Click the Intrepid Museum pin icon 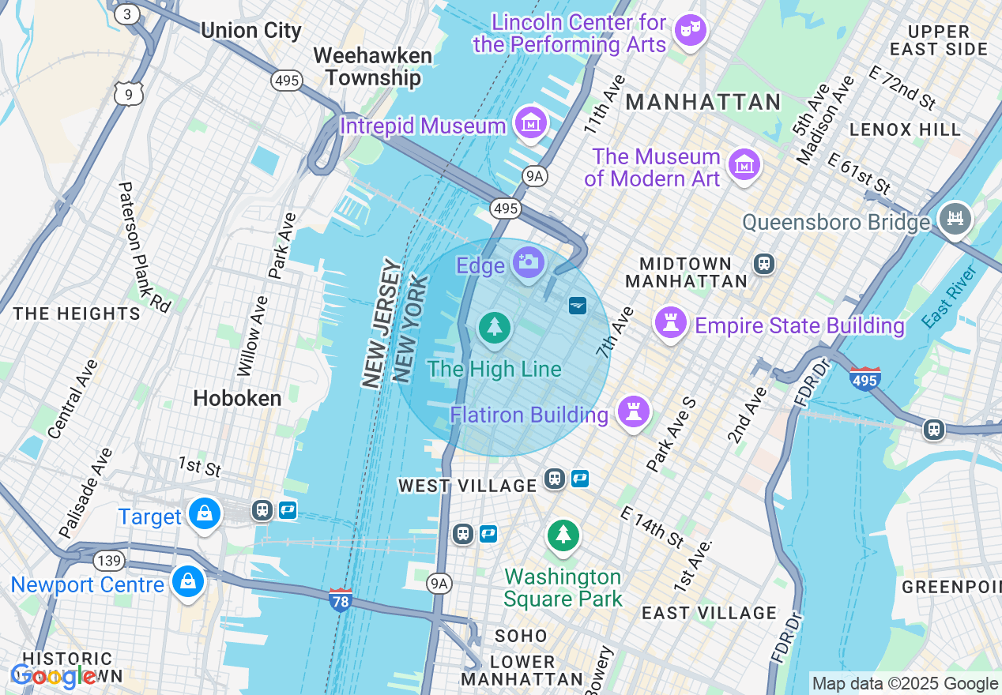click(x=532, y=123)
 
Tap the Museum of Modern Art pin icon click(x=744, y=165)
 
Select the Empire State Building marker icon click(x=670, y=323)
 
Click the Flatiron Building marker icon click(x=633, y=411)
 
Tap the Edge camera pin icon click(x=527, y=262)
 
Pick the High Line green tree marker click(x=495, y=327)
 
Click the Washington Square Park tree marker click(x=563, y=535)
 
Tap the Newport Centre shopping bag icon click(x=188, y=582)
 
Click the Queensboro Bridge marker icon click(x=955, y=217)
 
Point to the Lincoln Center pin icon click(x=690, y=30)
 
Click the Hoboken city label click(x=237, y=399)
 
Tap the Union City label click(x=250, y=31)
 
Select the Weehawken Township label click(x=372, y=67)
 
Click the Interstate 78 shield click(x=341, y=600)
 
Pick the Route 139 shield click(x=108, y=561)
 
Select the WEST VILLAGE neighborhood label click(x=467, y=485)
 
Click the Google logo click(x=53, y=676)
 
